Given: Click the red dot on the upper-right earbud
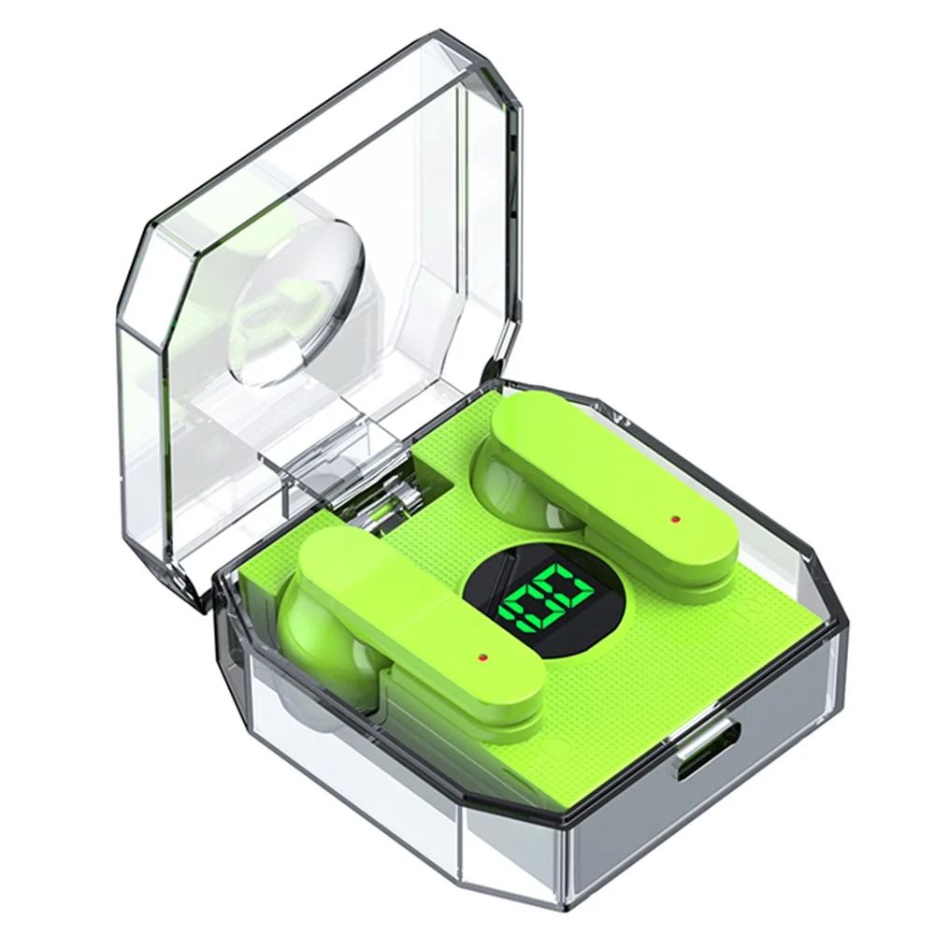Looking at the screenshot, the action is [x=675, y=519].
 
